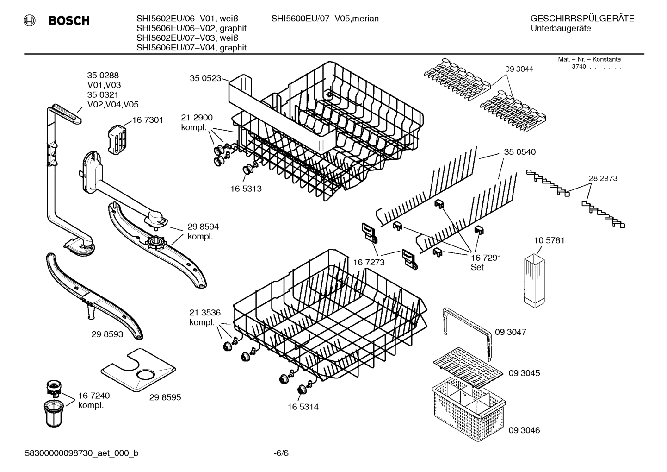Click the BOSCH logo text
pos(68,21)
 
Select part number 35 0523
pos(205,78)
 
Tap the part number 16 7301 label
pos(148,120)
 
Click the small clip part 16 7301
pos(117,138)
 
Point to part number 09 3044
pos(519,69)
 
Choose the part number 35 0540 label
pos(519,152)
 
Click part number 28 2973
pos(603,178)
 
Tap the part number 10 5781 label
pos(549,240)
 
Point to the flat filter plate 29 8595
pos(138,370)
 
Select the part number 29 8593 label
pos(107,334)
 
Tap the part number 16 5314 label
pos(303,407)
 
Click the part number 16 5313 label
pos(246,189)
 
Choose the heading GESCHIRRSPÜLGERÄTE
pos(582,19)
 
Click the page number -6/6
pos(281,453)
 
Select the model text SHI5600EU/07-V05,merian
pos(325,19)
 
